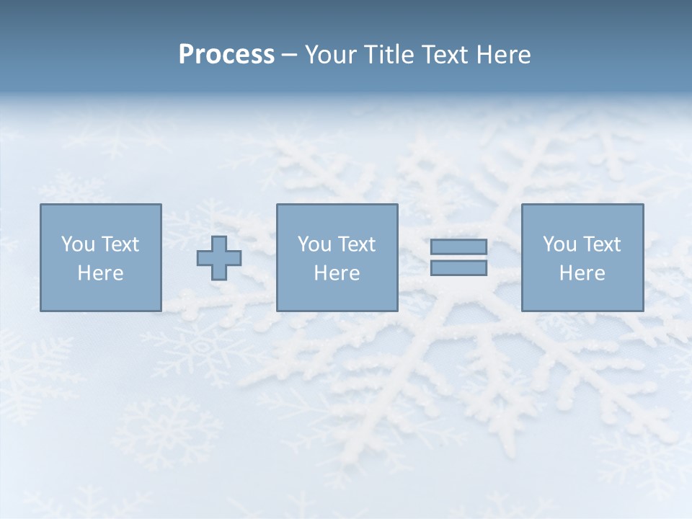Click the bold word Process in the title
click(226, 55)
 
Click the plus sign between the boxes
click(219, 258)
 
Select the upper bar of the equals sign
click(458, 247)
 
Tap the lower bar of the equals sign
click(458, 268)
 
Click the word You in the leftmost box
click(78, 244)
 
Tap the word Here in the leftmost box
click(100, 273)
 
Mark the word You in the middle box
click(314, 244)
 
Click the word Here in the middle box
click(337, 273)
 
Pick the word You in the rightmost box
click(559, 244)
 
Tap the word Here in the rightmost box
click(582, 273)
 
